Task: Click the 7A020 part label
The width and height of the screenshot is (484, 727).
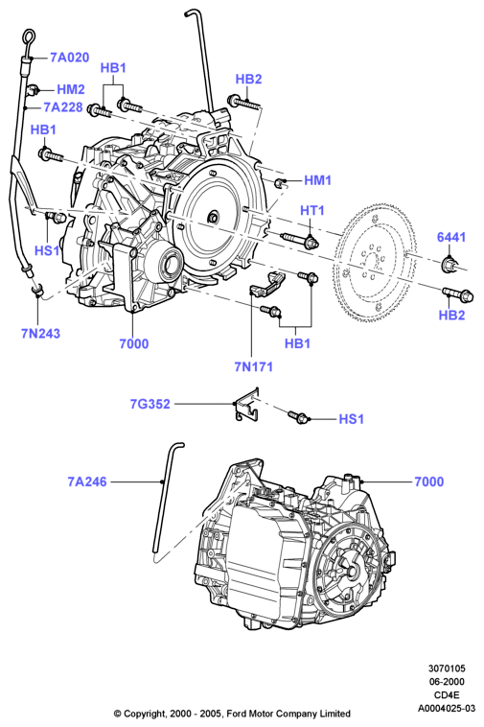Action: (x=69, y=58)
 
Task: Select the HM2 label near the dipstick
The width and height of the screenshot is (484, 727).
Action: (x=71, y=89)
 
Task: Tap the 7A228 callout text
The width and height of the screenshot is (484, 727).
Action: (x=63, y=107)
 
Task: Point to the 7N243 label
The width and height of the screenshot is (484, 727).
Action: (x=41, y=334)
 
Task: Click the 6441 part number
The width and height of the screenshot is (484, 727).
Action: (x=451, y=237)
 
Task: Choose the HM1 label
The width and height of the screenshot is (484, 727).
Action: (x=318, y=180)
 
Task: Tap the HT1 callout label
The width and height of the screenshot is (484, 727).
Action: (x=312, y=210)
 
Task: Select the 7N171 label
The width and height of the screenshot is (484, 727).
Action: (x=253, y=366)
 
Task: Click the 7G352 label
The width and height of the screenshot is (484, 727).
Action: (x=150, y=404)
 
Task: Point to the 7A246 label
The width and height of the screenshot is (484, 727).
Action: (x=87, y=481)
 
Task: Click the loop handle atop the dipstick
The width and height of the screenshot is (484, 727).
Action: (x=28, y=37)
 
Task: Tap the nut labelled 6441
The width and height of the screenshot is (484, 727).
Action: (x=449, y=265)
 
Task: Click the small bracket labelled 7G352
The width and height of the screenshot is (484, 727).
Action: (x=246, y=406)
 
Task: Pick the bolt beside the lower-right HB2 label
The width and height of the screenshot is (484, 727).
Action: (x=457, y=293)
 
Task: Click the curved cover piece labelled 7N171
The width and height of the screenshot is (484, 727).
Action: (x=267, y=283)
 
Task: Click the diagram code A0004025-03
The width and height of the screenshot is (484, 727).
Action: (x=447, y=708)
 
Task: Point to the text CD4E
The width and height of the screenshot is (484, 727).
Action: (x=447, y=695)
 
